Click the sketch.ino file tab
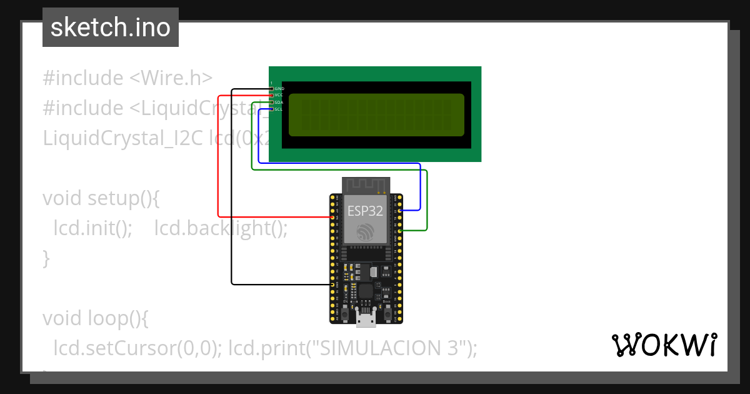tap(111, 28)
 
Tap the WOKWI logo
tap(664, 345)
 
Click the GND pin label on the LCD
tap(279, 89)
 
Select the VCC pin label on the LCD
tap(279, 95)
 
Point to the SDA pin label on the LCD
tap(279, 102)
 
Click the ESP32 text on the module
tap(365, 211)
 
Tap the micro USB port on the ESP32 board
tap(366, 318)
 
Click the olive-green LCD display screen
tap(376, 114)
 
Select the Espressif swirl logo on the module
tap(366, 232)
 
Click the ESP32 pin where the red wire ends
tap(333, 217)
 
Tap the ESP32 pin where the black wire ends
tap(333, 285)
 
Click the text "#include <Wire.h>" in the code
tap(127, 78)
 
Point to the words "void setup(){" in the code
tap(101, 198)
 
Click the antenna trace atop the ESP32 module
tap(366, 185)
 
